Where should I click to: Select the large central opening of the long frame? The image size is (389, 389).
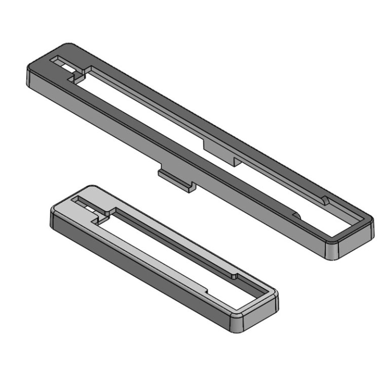pyautogui.click(x=203, y=152)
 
